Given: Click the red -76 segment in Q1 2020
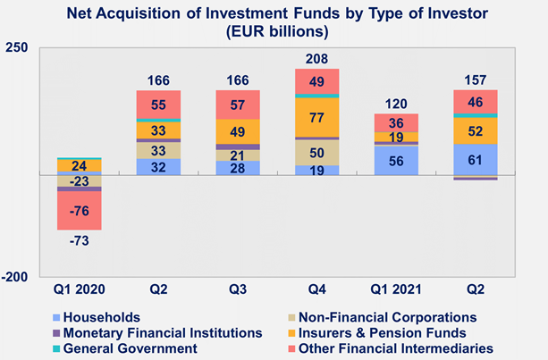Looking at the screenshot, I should pos(79,211).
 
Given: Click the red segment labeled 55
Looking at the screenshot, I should pos(158,104).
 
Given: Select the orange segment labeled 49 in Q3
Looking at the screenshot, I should pos(237,131).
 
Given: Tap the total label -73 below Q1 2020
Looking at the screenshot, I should pos(79,240).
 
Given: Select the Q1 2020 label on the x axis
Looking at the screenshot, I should pos(79,290).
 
